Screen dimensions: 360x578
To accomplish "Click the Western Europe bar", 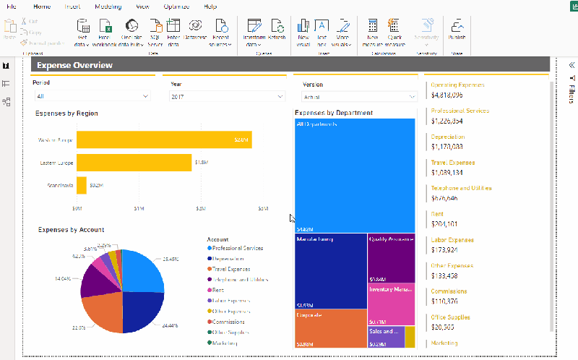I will click(x=164, y=140).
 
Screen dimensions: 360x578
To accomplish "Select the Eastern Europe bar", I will click(x=134, y=163).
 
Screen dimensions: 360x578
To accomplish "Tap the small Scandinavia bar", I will click(x=82, y=186).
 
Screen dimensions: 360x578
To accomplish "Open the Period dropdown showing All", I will click(x=91, y=96).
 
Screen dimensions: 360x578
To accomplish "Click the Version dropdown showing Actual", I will click(x=359, y=96).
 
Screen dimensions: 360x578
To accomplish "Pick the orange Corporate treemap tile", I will click(x=330, y=329).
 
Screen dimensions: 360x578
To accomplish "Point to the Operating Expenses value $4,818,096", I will click(x=447, y=95).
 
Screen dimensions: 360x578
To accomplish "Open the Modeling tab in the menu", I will click(x=108, y=6).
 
